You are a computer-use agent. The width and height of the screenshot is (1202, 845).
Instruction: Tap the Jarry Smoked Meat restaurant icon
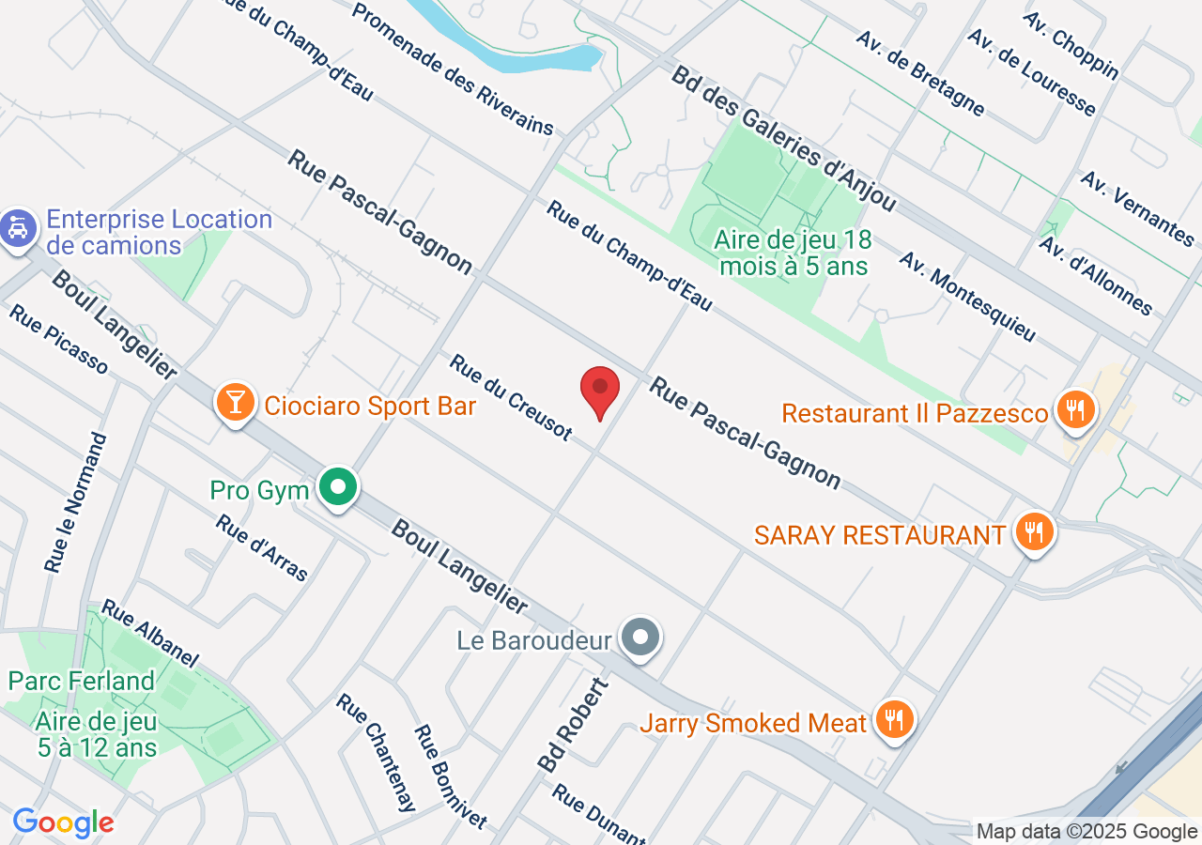[x=894, y=719]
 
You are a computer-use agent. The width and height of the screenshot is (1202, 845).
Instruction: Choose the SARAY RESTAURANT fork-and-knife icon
[x=1034, y=532]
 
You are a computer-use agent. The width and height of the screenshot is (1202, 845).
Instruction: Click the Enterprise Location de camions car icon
[x=18, y=228]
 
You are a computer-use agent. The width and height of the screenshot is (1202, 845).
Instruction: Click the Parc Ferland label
[x=81, y=681]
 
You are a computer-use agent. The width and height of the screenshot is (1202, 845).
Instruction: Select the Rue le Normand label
[x=76, y=502]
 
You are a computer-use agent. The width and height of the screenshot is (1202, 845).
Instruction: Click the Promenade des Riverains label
[x=454, y=69]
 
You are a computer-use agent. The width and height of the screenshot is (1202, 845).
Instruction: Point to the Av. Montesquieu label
[x=967, y=296]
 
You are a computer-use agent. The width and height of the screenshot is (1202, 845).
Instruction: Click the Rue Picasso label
[x=58, y=338]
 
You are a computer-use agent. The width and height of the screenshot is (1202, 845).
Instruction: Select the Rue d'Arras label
[x=262, y=547]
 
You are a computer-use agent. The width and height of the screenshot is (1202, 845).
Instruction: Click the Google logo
[x=63, y=822]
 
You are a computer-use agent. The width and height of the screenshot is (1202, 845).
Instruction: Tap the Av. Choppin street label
[x=1071, y=44]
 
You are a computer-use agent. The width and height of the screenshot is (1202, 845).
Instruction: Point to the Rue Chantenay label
[x=376, y=752]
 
